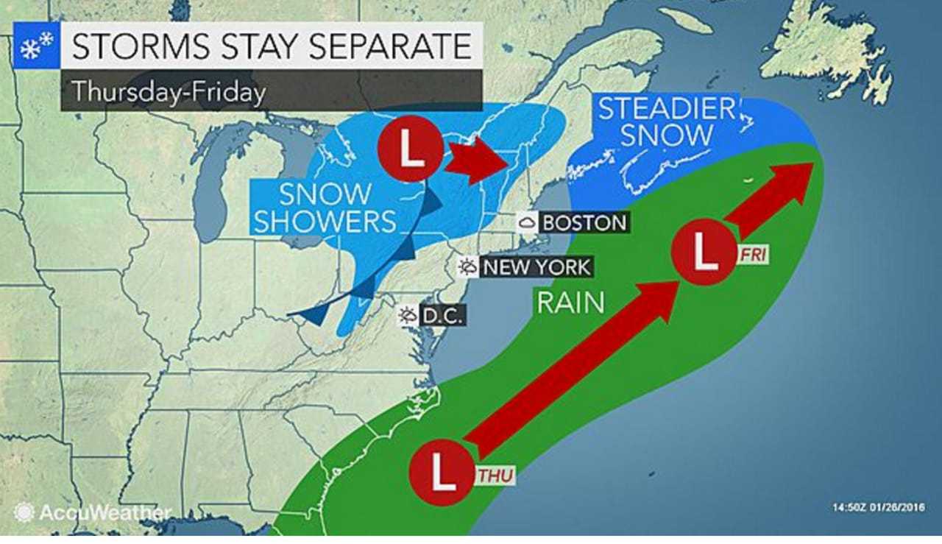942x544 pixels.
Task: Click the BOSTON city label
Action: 584,222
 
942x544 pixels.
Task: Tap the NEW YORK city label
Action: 536,266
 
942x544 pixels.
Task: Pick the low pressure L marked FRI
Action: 704,254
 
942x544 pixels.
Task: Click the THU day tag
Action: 494,476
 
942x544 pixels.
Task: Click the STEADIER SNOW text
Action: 666,122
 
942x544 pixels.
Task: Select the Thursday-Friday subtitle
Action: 168,92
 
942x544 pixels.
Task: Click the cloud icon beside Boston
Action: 527,222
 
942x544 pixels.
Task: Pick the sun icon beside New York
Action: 467,266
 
